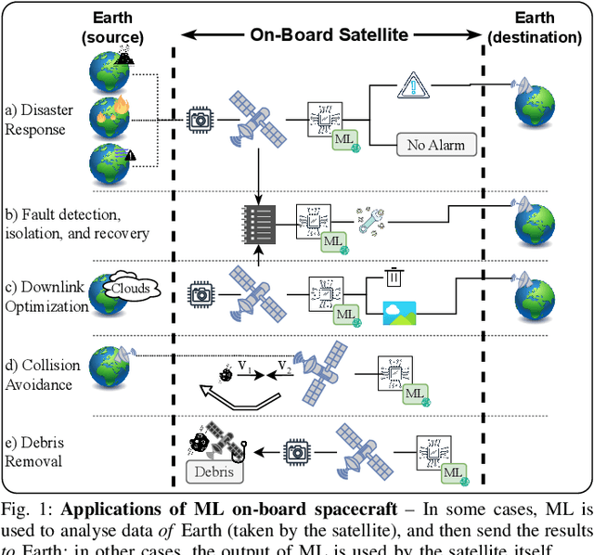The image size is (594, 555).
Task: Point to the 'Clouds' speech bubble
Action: (130, 288)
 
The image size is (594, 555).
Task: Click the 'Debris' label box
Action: (216, 471)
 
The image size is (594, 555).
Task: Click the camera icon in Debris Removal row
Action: (296, 452)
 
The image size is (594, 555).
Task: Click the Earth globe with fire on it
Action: (109, 118)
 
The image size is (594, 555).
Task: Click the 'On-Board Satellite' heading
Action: (329, 34)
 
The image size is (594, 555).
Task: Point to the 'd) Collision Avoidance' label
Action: (39, 373)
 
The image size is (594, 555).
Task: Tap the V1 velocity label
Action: (245, 368)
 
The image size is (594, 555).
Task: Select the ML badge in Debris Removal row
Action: (453, 473)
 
